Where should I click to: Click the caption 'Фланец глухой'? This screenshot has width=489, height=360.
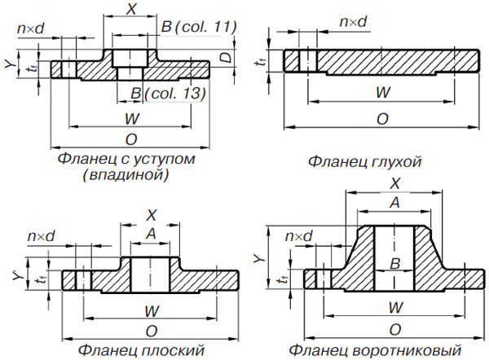pyautogui.click(x=364, y=161)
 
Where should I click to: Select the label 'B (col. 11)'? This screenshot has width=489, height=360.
pyautogui.click(x=198, y=27)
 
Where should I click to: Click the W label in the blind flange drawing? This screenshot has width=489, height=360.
pyautogui.click(x=381, y=92)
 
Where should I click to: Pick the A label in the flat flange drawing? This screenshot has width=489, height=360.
pyautogui.click(x=150, y=234)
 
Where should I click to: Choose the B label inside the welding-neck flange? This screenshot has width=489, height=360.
pyautogui.click(x=393, y=264)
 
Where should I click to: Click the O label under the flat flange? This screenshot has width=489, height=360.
pyautogui.click(x=151, y=330)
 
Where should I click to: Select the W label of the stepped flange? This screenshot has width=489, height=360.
pyautogui.click(x=131, y=119)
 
